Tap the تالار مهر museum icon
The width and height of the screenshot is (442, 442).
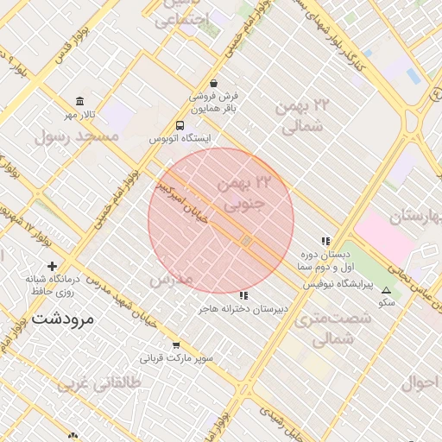pyautogui.click(x=80, y=101)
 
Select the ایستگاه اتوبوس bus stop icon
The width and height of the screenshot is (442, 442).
pyautogui.click(x=180, y=125)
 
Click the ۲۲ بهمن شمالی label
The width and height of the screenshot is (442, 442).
pyautogui.click(x=303, y=116)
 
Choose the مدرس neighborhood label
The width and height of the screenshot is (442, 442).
pyautogui.click(x=170, y=281)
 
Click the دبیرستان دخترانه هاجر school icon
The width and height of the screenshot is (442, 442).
pyautogui.click(x=242, y=296)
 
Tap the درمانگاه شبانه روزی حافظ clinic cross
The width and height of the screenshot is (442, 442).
pyautogui.click(x=53, y=266)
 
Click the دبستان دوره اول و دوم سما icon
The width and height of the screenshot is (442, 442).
pyautogui.click(x=325, y=242)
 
